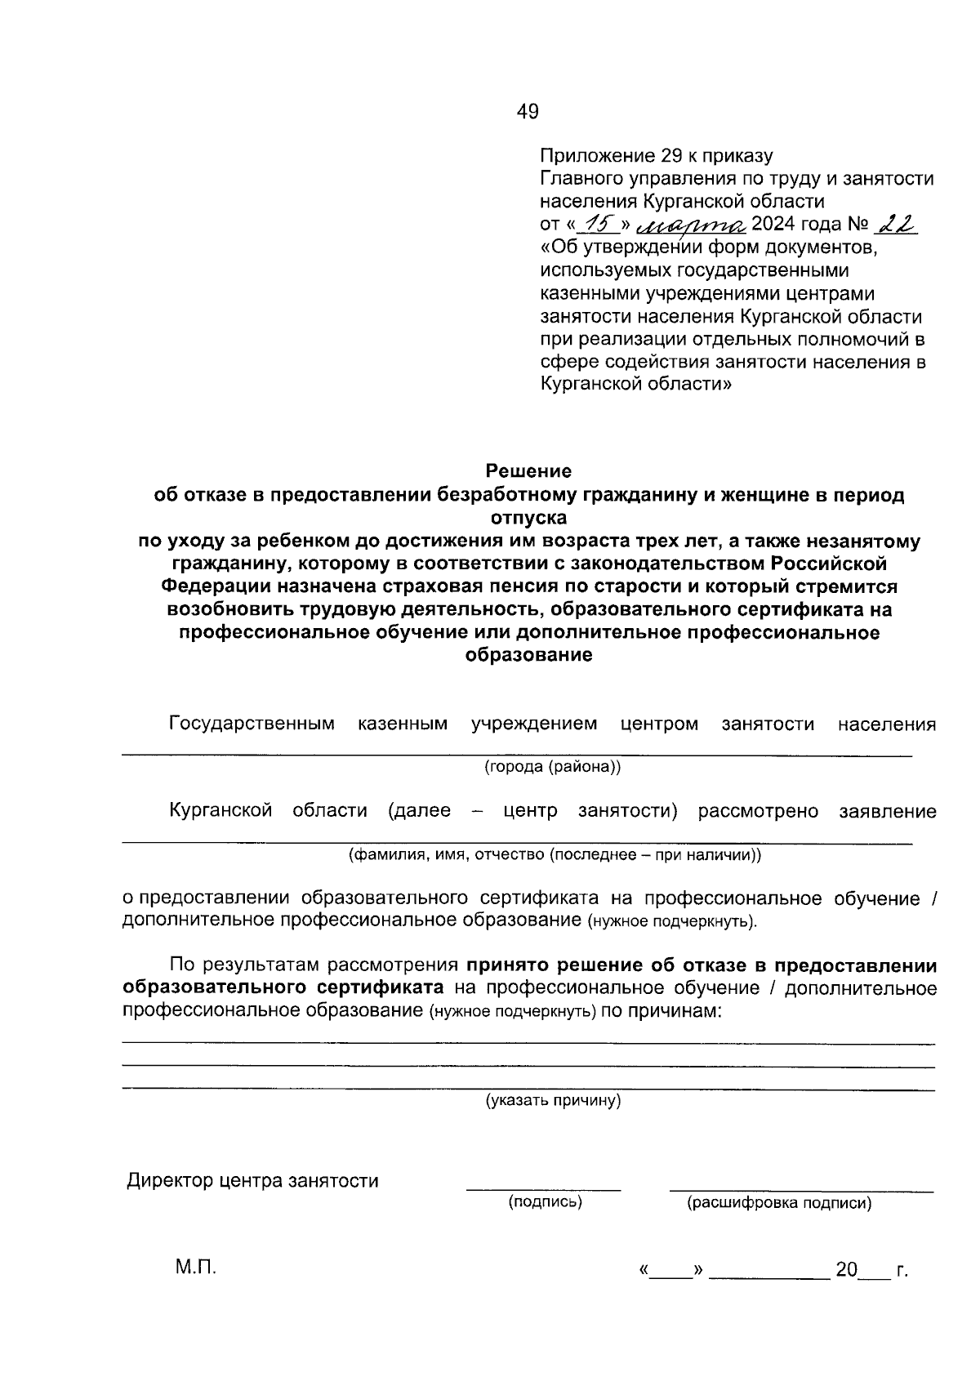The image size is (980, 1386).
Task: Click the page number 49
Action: click(x=528, y=112)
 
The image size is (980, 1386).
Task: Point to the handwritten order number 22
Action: click(x=893, y=224)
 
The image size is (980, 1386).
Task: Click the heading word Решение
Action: click(x=528, y=471)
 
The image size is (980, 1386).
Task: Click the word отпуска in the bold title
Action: click(x=528, y=518)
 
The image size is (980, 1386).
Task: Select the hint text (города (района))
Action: click(x=553, y=767)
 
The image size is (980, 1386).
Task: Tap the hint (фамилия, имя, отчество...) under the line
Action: click(x=555, y=855)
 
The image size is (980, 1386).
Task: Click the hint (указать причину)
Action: click(x=554, y=1101)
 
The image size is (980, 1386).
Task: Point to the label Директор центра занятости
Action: click(x=252, y=1181)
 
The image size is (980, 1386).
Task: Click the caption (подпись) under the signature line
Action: click(x=545, y=1202)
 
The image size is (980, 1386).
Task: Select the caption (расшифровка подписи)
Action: click(x=778, y=1203)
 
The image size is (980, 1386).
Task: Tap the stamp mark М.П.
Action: click(x=195, y=1268)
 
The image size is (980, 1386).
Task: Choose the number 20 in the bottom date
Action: click(x=845, y=1270)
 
